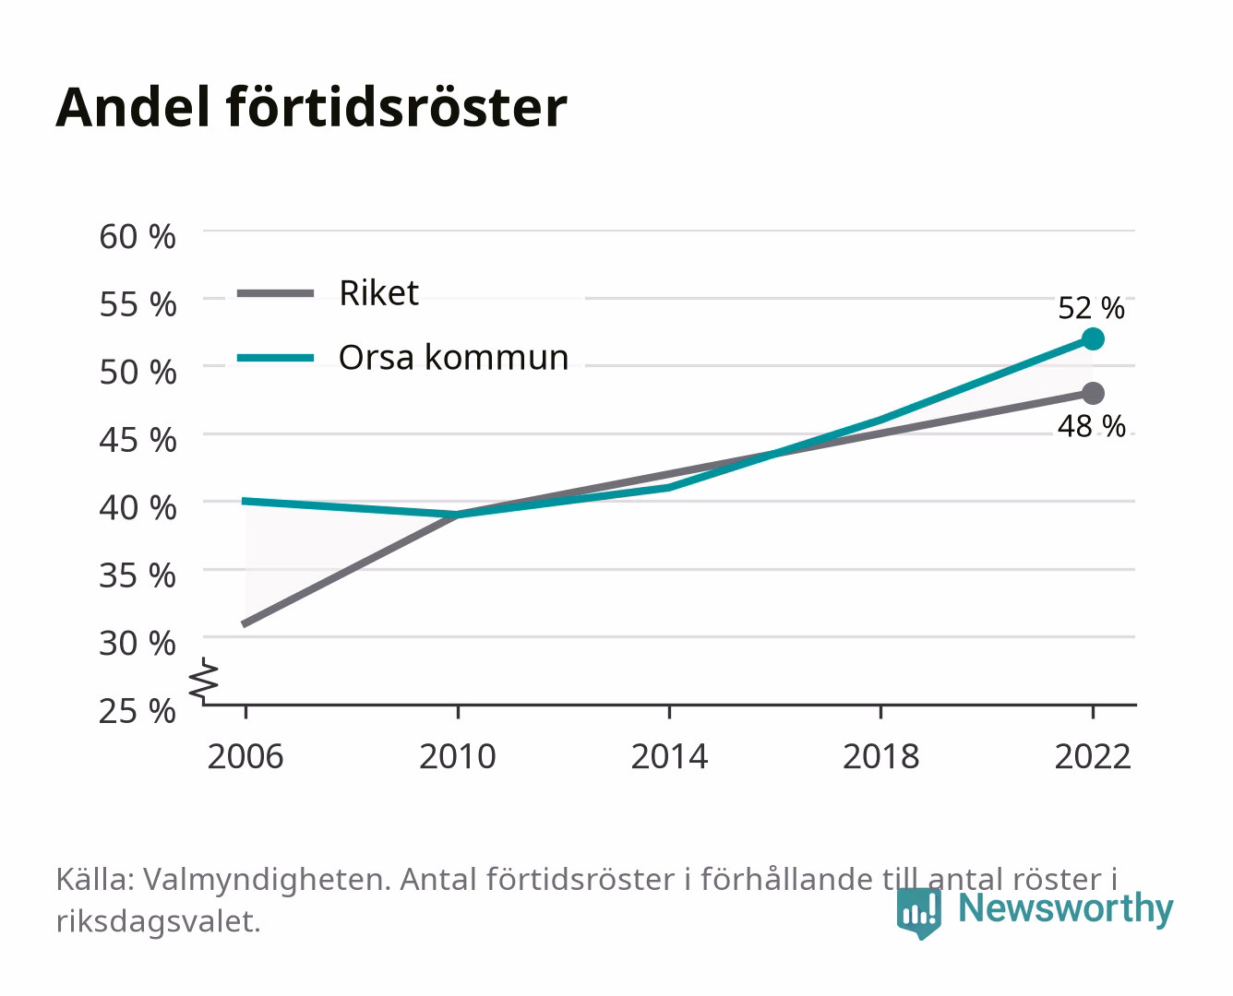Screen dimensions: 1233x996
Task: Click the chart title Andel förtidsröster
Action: coord(311,108)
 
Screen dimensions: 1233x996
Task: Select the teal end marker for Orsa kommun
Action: coord(1093,339)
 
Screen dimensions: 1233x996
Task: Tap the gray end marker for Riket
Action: coord(1093,394)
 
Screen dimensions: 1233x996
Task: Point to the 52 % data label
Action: coord(1091,308)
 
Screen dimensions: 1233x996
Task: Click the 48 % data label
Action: coord(1091,426)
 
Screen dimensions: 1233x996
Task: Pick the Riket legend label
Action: coord(378,292)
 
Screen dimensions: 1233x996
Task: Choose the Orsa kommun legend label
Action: coord(453,357)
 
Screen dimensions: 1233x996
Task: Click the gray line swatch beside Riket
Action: coord(276,294)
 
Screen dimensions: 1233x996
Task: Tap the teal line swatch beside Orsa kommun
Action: coord(276,358)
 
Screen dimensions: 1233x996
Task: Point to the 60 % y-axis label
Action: coord(138,237)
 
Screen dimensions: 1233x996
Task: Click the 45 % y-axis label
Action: coord(138,440)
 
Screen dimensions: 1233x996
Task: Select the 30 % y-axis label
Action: coord(138,643)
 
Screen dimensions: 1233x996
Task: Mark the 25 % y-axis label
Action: coord(138,711)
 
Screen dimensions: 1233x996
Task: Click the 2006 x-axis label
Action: coord(245,756)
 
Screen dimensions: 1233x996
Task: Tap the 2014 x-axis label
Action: coord(669,756)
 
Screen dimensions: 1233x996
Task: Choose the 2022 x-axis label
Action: coord(1093,756)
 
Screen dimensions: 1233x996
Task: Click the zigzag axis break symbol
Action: coord(204,681)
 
